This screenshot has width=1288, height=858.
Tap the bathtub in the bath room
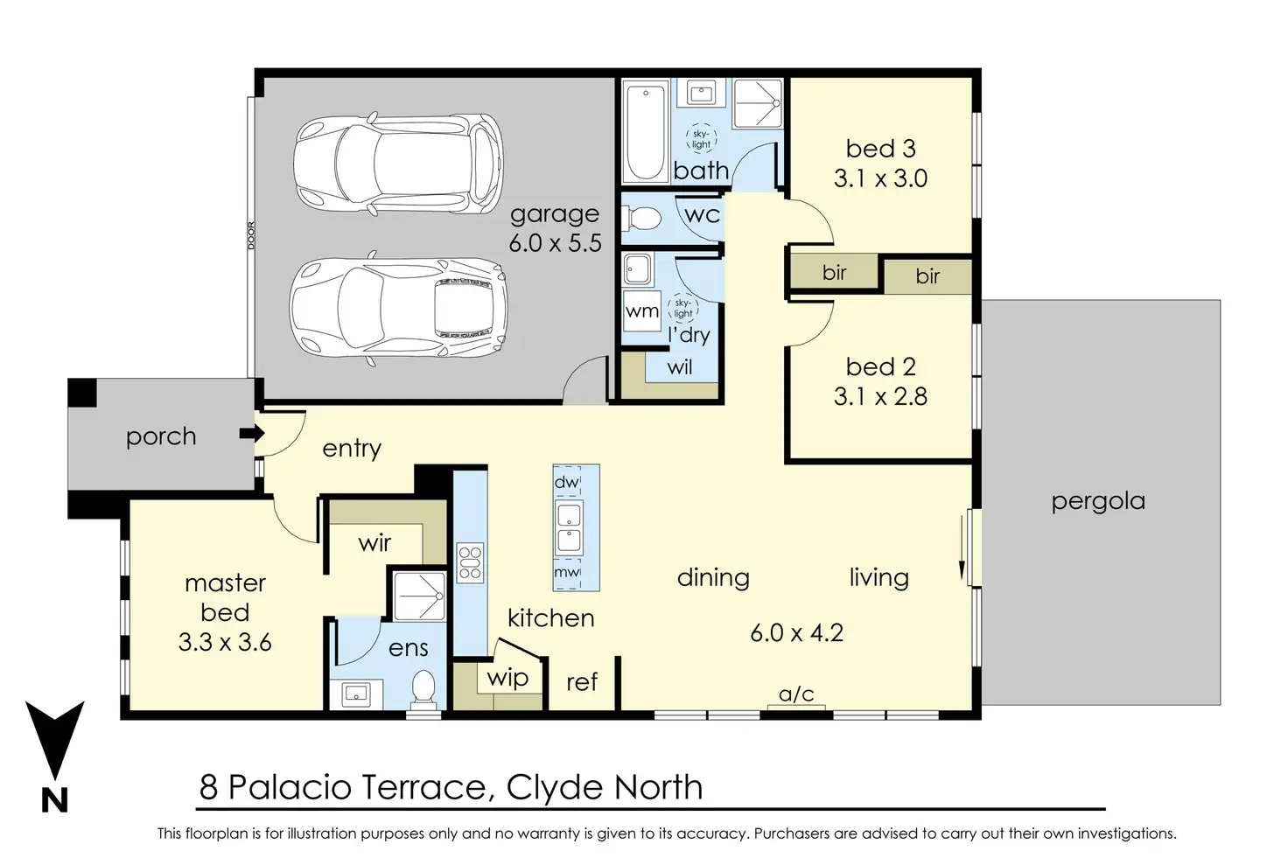pos(645,132)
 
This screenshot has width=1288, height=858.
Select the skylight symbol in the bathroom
pos(701,138)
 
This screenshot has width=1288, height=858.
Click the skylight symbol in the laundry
pos(683,308)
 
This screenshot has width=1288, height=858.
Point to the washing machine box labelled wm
pos(641,310)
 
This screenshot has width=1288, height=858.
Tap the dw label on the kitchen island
pos(566,482)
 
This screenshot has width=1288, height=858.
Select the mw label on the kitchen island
pos(566,572)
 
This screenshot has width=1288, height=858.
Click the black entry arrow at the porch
pos(252,433)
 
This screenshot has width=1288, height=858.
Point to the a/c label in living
pos(796,694)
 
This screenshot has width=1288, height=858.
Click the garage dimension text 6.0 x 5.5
pos(555,243)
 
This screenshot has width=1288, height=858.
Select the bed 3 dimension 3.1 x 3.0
pos(880,178)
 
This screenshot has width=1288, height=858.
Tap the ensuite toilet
pos(423,689)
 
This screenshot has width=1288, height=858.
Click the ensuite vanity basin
pos(356,694)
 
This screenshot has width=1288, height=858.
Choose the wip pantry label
pos(507,678)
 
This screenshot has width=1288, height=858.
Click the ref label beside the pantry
pos(582,682)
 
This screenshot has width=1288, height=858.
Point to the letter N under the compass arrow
pos(54,799)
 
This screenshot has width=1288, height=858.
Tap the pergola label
pos(1098,502)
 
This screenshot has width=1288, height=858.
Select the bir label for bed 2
pos(927,276)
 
